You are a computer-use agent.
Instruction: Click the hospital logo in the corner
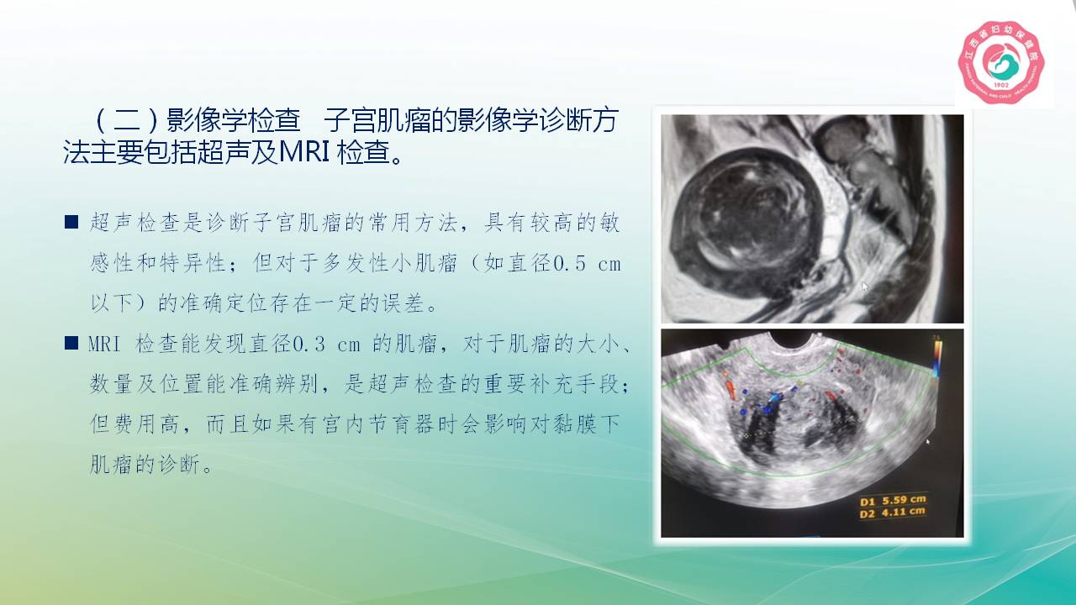click(1001, 62)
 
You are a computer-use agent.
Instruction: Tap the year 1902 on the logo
click(1001, 86)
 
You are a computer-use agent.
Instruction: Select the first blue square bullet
click(71, 222)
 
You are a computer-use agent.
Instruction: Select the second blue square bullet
click(71, 343)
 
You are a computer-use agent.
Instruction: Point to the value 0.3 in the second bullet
click(309, 345)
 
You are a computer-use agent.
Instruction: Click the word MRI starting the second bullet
click(104, 345)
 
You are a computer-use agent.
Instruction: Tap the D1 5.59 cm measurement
click(892, 500)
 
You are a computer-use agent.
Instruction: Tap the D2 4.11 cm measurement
click(892, 513)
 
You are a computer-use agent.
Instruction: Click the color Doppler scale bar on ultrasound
click(937, 359)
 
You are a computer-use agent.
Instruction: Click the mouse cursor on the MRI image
click(865, 287)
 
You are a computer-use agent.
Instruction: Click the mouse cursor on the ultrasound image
click(928, 442)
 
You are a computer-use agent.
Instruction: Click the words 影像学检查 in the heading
click(234, 120)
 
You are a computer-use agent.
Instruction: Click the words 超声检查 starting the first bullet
click(135, 223)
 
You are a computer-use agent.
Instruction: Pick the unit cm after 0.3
click(349, 345)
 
